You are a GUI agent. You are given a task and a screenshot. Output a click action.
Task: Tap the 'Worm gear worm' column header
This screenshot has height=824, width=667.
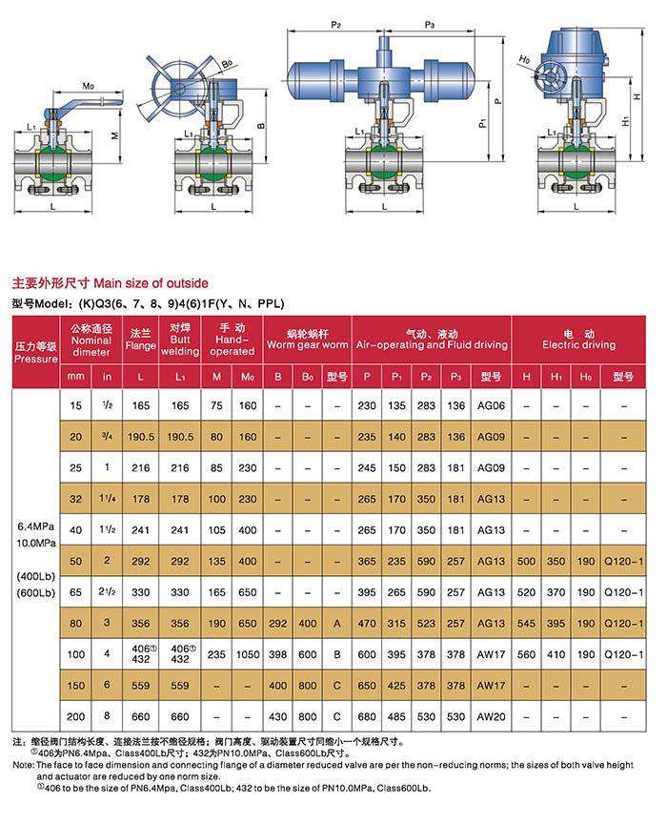[307, 344]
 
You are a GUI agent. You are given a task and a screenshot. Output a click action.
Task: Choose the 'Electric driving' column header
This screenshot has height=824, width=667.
[577, 339]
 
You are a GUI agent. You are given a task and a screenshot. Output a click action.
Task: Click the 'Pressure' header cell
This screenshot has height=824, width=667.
[35, 352]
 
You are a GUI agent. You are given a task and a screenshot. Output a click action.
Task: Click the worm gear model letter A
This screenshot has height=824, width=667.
[336, 624]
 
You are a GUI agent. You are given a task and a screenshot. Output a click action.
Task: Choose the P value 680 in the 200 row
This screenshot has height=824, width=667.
[368, 715]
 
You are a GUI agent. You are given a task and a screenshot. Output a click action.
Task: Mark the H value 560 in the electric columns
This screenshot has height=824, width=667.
[526, 655]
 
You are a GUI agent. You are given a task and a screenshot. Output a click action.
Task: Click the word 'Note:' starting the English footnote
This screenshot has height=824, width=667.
[23, 766]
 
